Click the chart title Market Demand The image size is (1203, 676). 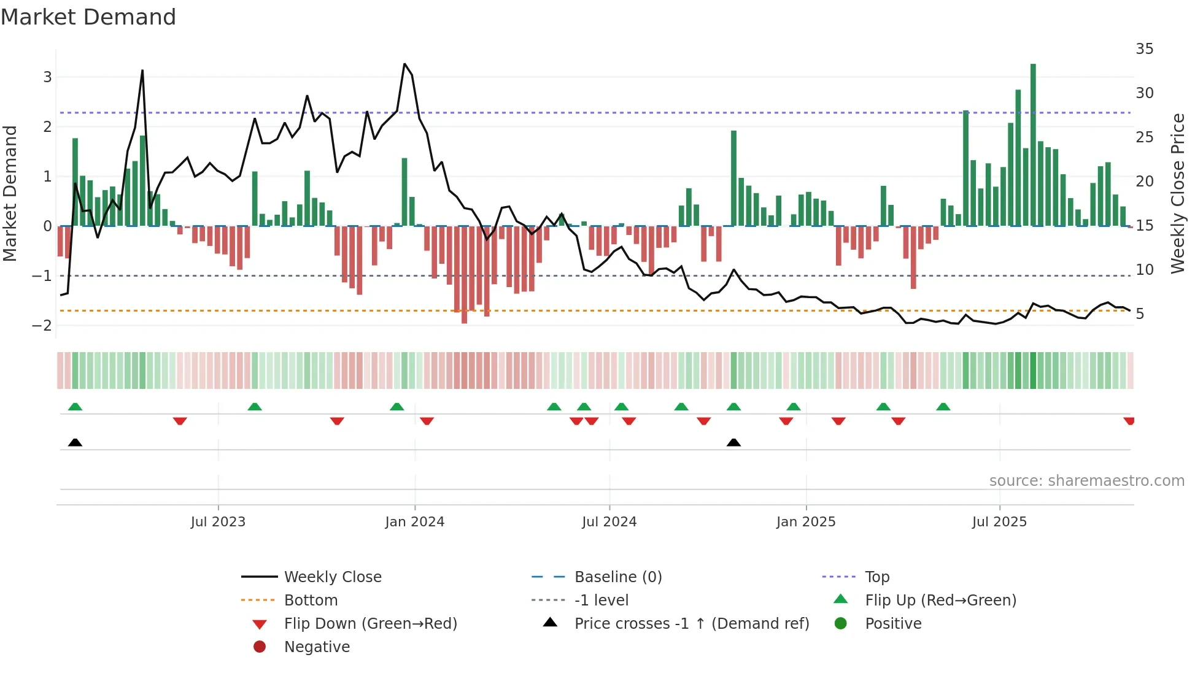(x=88, y=17)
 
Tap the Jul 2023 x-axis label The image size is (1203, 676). (x=218, y=522)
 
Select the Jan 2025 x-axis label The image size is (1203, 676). (x=806, y=522)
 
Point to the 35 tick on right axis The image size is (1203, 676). (x=1145, y=48)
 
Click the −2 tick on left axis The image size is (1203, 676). (x=42, y=326)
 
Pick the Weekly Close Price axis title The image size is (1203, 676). (x=1177, y=193)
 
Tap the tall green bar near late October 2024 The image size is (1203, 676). (x=733, y=178)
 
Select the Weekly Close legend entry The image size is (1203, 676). (x=332, y=577)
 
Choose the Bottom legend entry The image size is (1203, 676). (x=311, y=601)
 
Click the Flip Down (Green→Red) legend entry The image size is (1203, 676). (x=370, y=624)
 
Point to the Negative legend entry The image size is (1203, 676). (x=317, y=647)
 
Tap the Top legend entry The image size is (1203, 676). (x=877, y=577)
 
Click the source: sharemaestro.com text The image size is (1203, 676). (x=1086, y=481)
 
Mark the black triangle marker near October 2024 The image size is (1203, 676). (x=733, y=442)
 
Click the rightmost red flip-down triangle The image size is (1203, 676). (x=1129, y=421)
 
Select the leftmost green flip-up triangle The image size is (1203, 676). (x=75, y=407)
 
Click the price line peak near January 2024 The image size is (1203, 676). (x=404, y=64)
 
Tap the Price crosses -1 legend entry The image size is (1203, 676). (x=691, y=624)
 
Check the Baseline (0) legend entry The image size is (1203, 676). (x=617, y=577)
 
